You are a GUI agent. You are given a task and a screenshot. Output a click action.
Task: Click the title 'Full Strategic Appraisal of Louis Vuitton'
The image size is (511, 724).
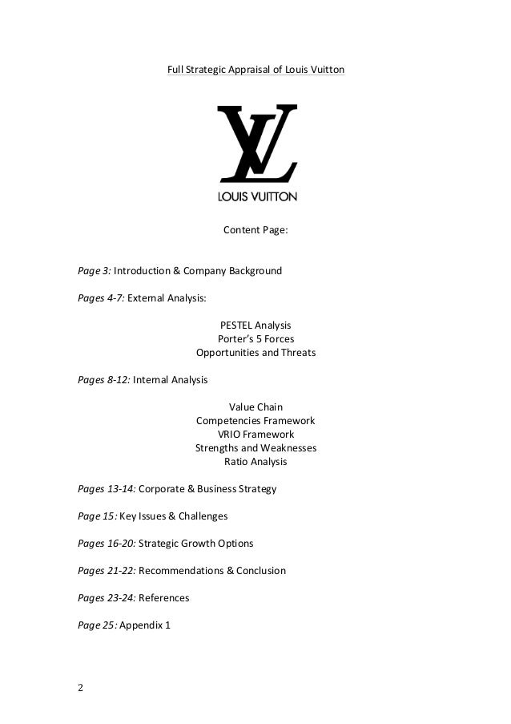255,71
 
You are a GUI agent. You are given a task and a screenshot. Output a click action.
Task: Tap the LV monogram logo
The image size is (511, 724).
256,144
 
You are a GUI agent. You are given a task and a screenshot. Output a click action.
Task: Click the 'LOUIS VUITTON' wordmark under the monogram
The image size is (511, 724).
257,195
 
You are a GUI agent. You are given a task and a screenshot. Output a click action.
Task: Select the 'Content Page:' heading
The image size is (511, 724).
255,231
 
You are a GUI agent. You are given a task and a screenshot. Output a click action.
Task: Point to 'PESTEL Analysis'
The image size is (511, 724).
255,326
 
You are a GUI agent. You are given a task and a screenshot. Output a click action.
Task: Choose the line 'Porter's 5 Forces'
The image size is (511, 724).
255,339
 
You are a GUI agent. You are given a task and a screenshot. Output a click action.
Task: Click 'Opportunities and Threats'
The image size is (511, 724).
255,353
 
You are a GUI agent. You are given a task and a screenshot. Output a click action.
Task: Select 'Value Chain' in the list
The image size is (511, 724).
255,407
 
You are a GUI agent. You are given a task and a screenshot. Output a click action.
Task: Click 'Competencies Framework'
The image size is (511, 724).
255,421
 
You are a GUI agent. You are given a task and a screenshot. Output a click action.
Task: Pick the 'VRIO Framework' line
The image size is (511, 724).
255,435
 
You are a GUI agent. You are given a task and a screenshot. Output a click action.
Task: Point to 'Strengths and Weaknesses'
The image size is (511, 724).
255,448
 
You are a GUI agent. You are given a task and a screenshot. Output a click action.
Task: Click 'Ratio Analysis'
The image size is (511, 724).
255,462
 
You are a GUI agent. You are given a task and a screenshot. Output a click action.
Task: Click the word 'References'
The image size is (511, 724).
164,598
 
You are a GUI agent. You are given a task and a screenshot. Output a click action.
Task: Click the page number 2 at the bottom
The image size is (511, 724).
80,688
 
